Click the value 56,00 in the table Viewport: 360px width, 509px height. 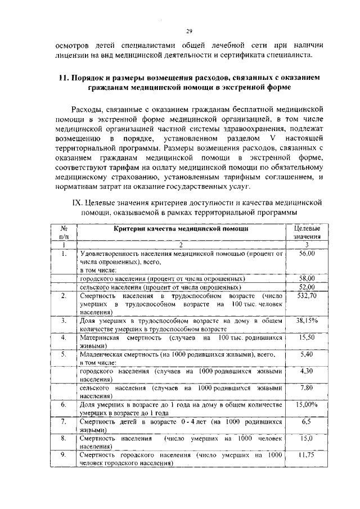[307, 254]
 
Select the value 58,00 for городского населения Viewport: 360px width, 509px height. [307, 278]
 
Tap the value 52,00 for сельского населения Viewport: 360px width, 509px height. [307, 287]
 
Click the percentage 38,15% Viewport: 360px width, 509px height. [307, 320]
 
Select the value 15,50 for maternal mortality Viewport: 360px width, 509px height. [307, 337]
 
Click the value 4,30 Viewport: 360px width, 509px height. [307, 371]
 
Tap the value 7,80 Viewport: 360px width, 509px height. [307, 388]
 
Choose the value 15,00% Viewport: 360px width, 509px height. [307, 404]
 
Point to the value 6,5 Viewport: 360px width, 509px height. [307, 421]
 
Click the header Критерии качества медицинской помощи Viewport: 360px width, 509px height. [181, 229]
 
